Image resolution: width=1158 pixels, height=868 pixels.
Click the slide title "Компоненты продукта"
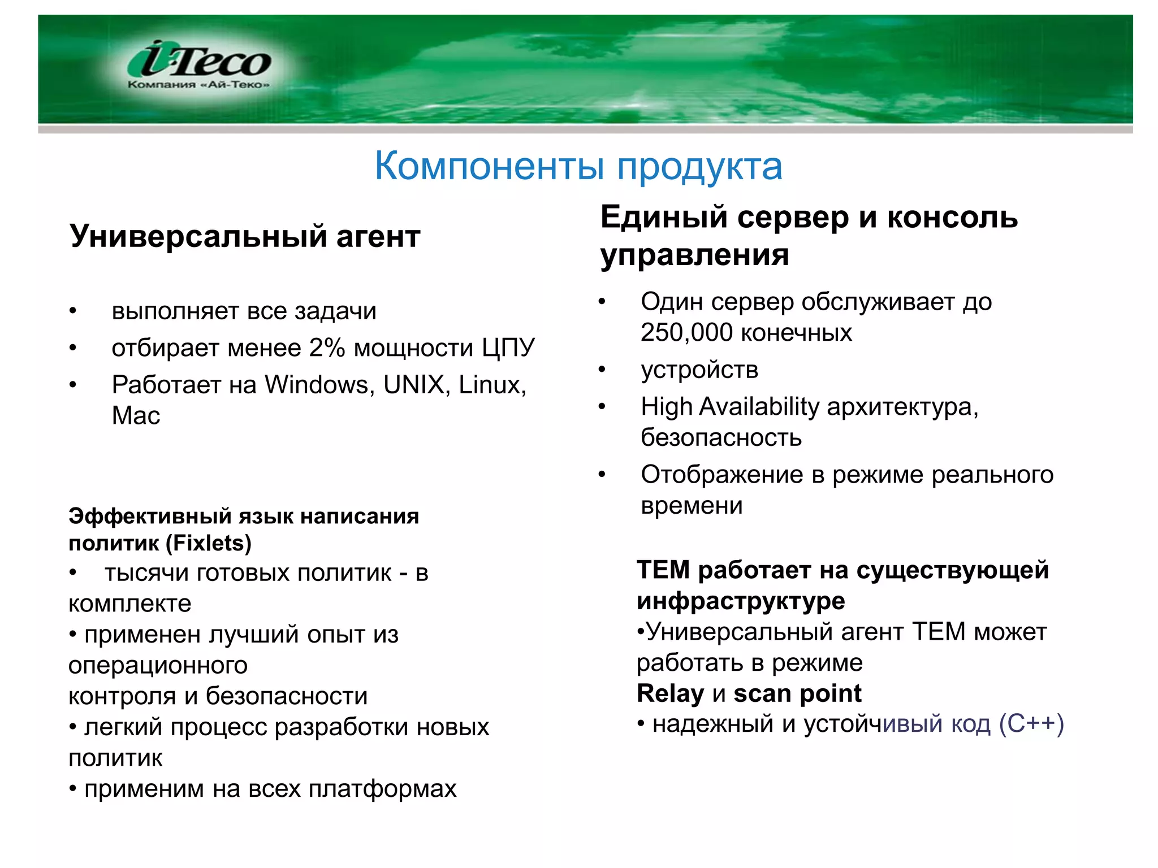(x=578, y=166)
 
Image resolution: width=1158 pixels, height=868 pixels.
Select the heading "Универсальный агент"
(x=244, y=236)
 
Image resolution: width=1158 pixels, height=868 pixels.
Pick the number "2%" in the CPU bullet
(x=327, y=348)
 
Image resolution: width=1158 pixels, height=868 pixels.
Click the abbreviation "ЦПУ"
(x=508, y=348)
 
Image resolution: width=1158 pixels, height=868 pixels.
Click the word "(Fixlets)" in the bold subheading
(x=208, y=543)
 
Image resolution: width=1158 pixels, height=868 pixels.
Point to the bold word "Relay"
(x=670, y=693)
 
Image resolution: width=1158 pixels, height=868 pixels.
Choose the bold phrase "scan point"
(x=797, y=693)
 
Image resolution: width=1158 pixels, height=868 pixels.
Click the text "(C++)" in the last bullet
(x=1031, y=724)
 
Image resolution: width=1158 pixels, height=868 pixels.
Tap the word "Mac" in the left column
(x=136, y=416)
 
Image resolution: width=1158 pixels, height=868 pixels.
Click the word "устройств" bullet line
(x=699, y=370)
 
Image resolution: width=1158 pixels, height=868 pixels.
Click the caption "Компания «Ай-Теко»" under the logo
(x=198, y=85)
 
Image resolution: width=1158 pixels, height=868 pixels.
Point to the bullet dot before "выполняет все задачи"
(x=72, y=311)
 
